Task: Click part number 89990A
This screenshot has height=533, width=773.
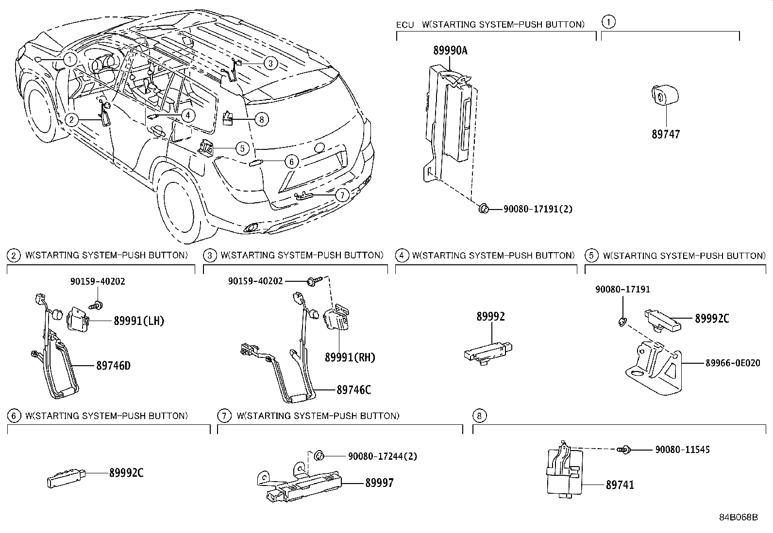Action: tap(450, 50)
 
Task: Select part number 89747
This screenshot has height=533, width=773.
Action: tap(666, 134)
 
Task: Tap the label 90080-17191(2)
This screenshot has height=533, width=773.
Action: tap(538, 209)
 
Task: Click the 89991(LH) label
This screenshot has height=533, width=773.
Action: tap(139, 321)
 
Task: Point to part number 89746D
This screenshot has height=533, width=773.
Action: tap(113, 366)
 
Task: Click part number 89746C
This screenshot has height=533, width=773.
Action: tap(353, 389)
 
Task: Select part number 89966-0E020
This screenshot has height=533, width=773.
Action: tap(729, 363)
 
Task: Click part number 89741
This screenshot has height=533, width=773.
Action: tap(620, 485)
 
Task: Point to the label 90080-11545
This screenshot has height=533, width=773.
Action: tap(682, 450)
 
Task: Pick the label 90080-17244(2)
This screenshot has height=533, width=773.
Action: tap(382, 456)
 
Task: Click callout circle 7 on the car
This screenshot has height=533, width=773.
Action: tap(342, 195)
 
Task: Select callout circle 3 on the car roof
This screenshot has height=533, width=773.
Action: tap(271, 63)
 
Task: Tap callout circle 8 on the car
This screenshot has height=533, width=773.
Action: tap(261, 119)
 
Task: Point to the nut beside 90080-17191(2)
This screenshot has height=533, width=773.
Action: tap(483, 209)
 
